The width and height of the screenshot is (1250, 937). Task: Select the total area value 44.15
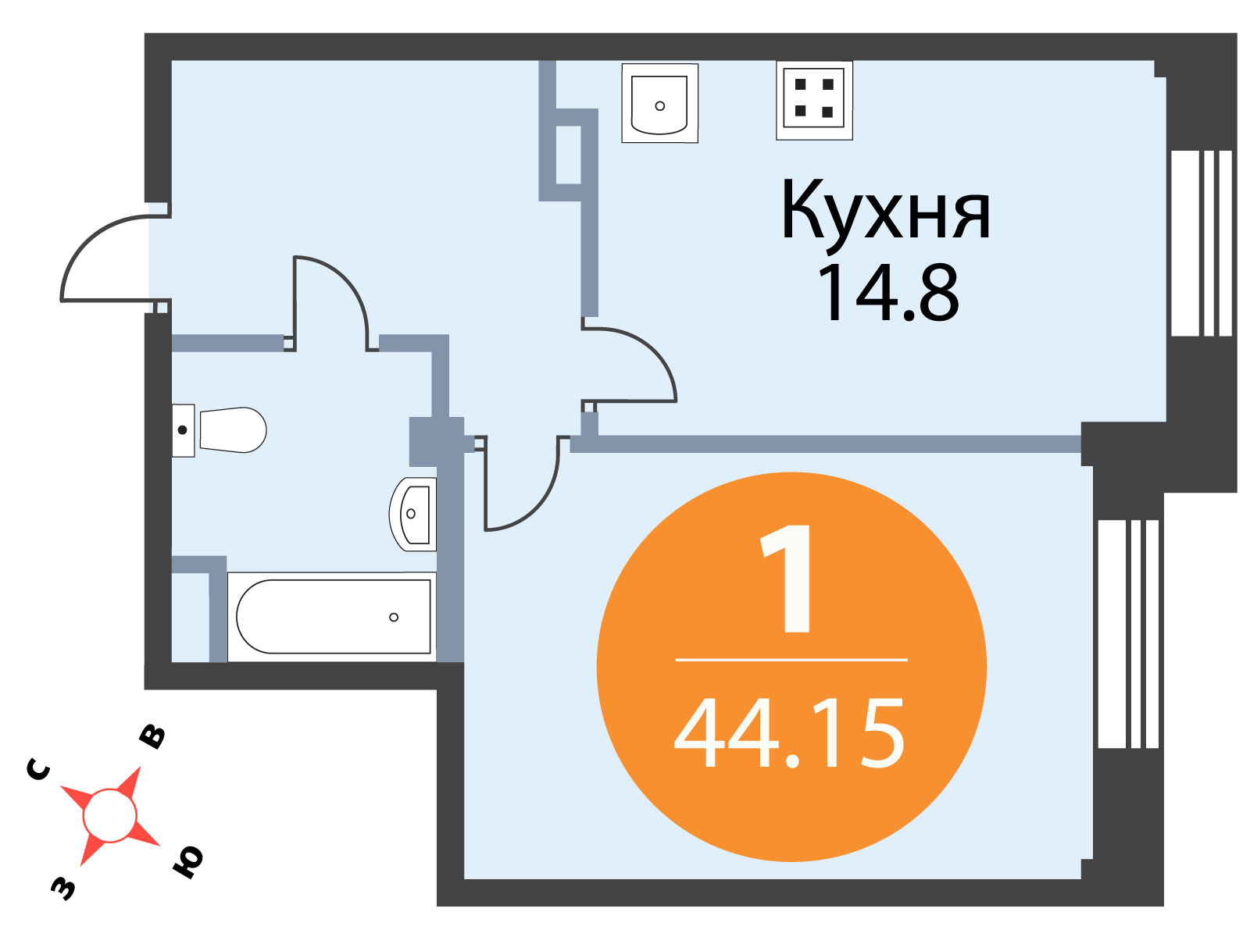point(789,733)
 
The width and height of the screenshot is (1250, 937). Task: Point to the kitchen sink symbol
point(659,103)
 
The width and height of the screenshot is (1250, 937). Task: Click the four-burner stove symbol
point(814,100)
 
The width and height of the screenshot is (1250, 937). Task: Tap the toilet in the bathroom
point(220,430)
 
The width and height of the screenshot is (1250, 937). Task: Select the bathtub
point(332,617)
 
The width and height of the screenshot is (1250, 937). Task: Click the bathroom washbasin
point(412,514)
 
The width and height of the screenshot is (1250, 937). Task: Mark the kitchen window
point(1201,243)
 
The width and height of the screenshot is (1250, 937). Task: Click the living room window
point(1127,634)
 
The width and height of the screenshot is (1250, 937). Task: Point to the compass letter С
point(39,770)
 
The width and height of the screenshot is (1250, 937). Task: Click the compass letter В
point(152,737)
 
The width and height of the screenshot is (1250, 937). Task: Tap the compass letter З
point(62,888)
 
